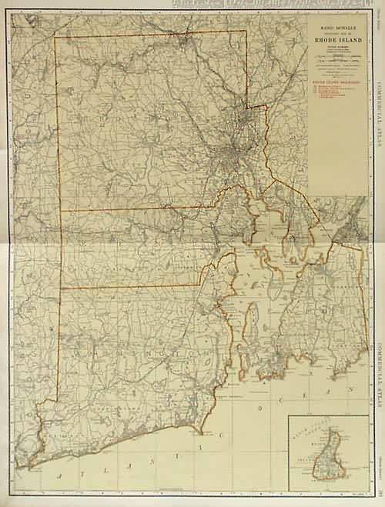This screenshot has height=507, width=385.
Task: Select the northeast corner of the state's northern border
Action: (246, 31)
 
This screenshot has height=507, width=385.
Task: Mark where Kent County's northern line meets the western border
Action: (60, 210)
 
